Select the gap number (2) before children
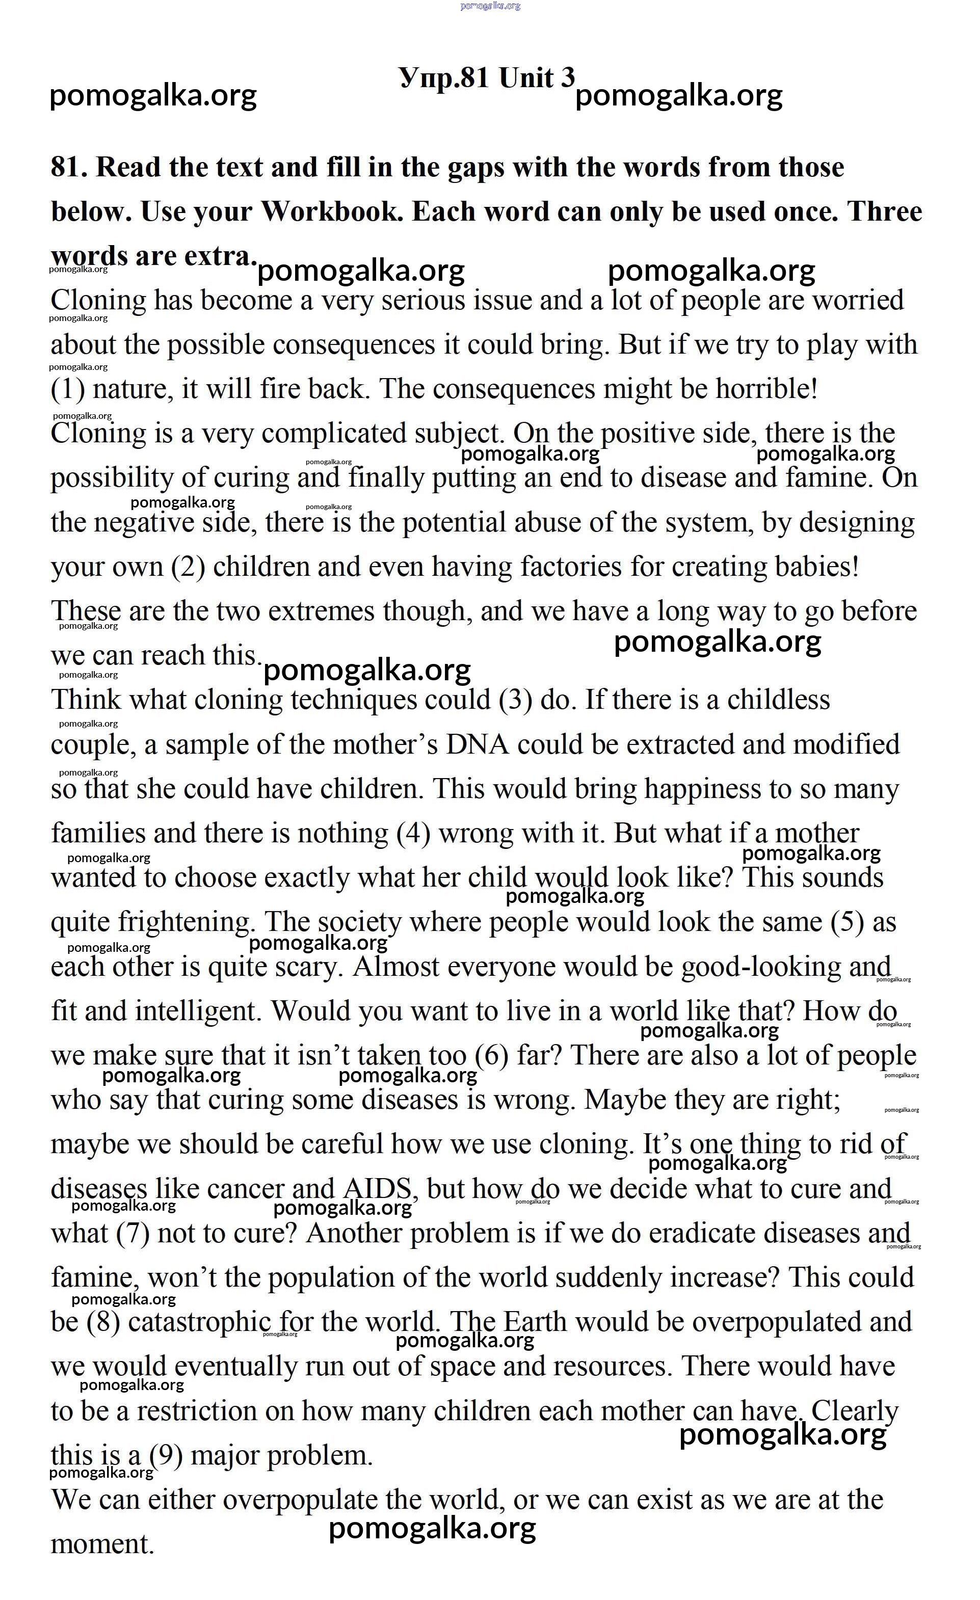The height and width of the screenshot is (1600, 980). [x=189, y=567]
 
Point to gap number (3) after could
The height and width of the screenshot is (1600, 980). [x=516, y=700]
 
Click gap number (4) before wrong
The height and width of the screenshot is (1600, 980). [x=413, y=834]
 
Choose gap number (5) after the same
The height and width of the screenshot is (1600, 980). [x=847, y=923]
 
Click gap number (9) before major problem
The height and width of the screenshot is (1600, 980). [x=166, y=1455]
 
